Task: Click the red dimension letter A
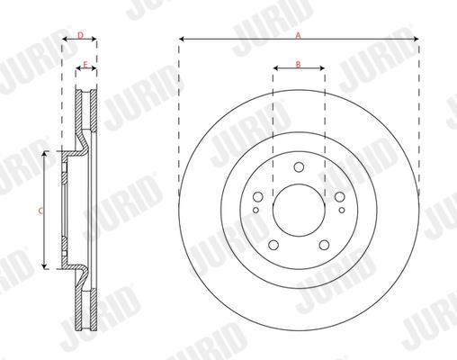298,36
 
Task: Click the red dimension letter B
298,64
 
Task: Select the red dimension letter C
41,211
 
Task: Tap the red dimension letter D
80,35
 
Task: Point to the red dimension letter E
85,65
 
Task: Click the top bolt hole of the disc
299,167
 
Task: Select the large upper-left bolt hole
258,197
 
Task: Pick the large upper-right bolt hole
339,197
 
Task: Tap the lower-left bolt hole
273,245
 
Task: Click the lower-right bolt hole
324,245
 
